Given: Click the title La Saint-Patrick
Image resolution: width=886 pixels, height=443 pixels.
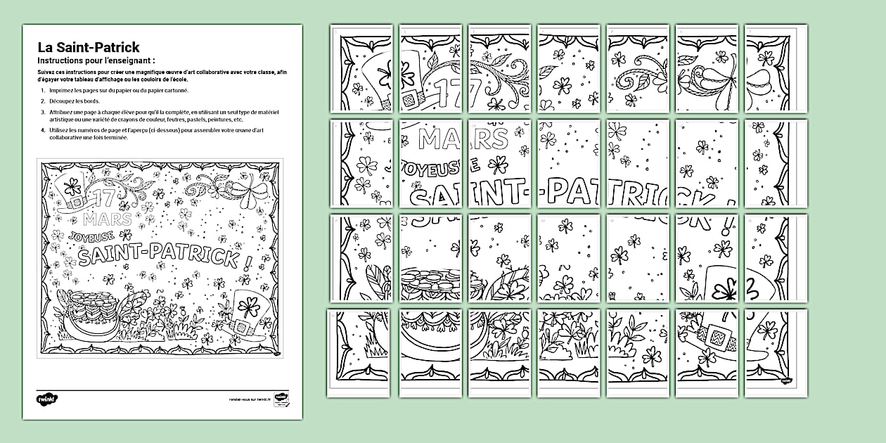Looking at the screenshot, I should click(x=88, y=48).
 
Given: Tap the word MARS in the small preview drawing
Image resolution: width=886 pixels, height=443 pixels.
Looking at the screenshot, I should click(x=115, y=219).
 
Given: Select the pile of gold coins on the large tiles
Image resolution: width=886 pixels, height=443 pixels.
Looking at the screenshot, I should click(x=429, y=281).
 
